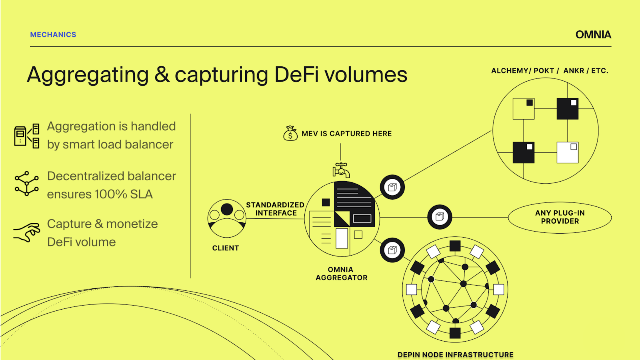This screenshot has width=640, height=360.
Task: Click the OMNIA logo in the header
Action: click(x=593, y=35)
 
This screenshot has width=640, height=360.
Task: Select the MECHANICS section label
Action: click(x=53, y=35)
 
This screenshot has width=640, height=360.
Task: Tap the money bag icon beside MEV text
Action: click(x=290, y=133)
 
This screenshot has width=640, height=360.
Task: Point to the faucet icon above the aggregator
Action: click(x=341, y=170)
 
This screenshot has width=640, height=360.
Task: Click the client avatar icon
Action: click(x=227, y=218)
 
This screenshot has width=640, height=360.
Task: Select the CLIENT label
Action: click(x=226, y=248)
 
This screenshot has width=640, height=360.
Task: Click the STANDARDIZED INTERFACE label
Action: click(x=275, y=209)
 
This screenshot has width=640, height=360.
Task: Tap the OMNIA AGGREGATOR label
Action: click(x=341, y=274)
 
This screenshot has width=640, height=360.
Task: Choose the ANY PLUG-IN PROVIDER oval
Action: click(x=560, y=217)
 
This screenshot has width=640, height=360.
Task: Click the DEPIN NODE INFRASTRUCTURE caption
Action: click(x=455, y=355)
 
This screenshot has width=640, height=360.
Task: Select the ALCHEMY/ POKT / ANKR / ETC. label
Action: click(x=550, y=71)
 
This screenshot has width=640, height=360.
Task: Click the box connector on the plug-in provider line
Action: click(x=440, y=217)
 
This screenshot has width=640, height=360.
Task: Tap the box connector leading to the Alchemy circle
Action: click(x=392, y=187)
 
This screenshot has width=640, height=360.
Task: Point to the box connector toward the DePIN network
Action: click(x=392, y=250)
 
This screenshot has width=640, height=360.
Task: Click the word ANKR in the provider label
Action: click(x=574, y=71)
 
